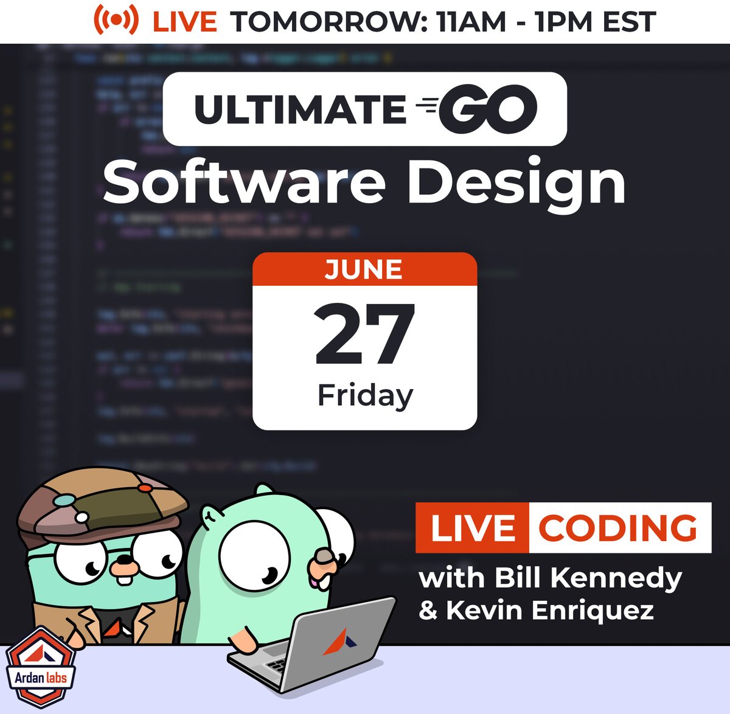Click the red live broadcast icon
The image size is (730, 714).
[115, 21]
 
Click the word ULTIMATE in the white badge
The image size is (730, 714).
[300, 109]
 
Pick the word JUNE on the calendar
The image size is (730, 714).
[364, 269]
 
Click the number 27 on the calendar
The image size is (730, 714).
[364, 335]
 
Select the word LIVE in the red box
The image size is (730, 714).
[472, 528]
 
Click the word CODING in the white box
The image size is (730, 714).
[618, 528]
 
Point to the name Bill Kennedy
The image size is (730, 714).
[588, 578]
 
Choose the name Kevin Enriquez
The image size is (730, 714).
[549, 610]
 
